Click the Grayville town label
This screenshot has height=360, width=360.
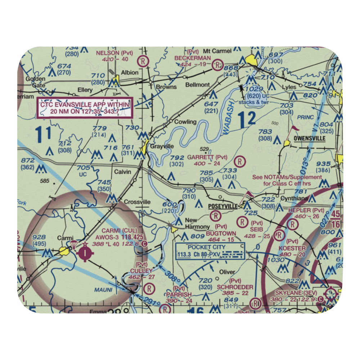click(162, 147)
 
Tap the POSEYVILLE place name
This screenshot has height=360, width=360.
click(223, 206)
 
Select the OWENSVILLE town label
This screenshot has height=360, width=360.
click(309, 138)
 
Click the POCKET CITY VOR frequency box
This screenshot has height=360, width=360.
click(210, 251)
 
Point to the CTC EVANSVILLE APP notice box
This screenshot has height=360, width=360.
click(85, 108)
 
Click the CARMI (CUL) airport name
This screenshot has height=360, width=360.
click(114, 230)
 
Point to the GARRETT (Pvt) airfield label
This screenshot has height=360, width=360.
click(207, 157)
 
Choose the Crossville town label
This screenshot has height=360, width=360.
click(138, 202)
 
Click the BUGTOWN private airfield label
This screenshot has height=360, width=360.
click(221, 234)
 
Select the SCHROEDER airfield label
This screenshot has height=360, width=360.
click(235, 287)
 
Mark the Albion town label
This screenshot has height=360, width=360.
click(130, 72)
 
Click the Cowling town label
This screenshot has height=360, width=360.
click(185, 122)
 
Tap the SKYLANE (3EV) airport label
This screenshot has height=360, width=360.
click(295, 294)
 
